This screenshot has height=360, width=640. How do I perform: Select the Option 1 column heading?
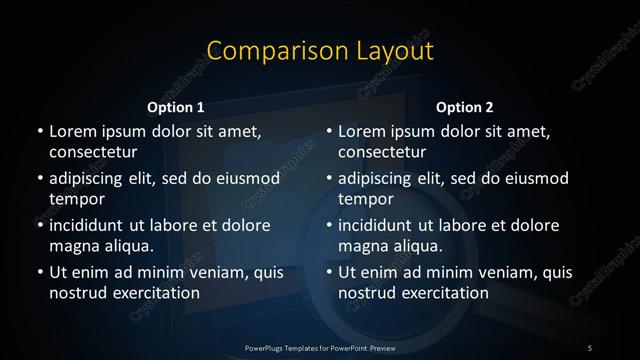(x=176, y=107)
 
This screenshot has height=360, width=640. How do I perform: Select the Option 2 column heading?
(x=465, y=107)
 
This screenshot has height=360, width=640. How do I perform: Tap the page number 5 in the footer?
(x=590, y=346)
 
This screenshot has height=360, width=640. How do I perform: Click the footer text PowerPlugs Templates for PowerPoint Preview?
(x=320, y=346)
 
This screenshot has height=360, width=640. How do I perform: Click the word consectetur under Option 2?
(x=382, y=152)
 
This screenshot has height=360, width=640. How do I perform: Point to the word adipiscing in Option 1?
(x=91, y=179)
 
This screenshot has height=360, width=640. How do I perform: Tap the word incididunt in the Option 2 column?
(x=382, y=225)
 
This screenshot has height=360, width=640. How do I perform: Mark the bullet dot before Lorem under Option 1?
(x=39, y=132)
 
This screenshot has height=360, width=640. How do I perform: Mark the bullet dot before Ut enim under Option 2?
(x=328, y=273)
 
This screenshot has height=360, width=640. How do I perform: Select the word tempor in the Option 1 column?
(x=72, y=199)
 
